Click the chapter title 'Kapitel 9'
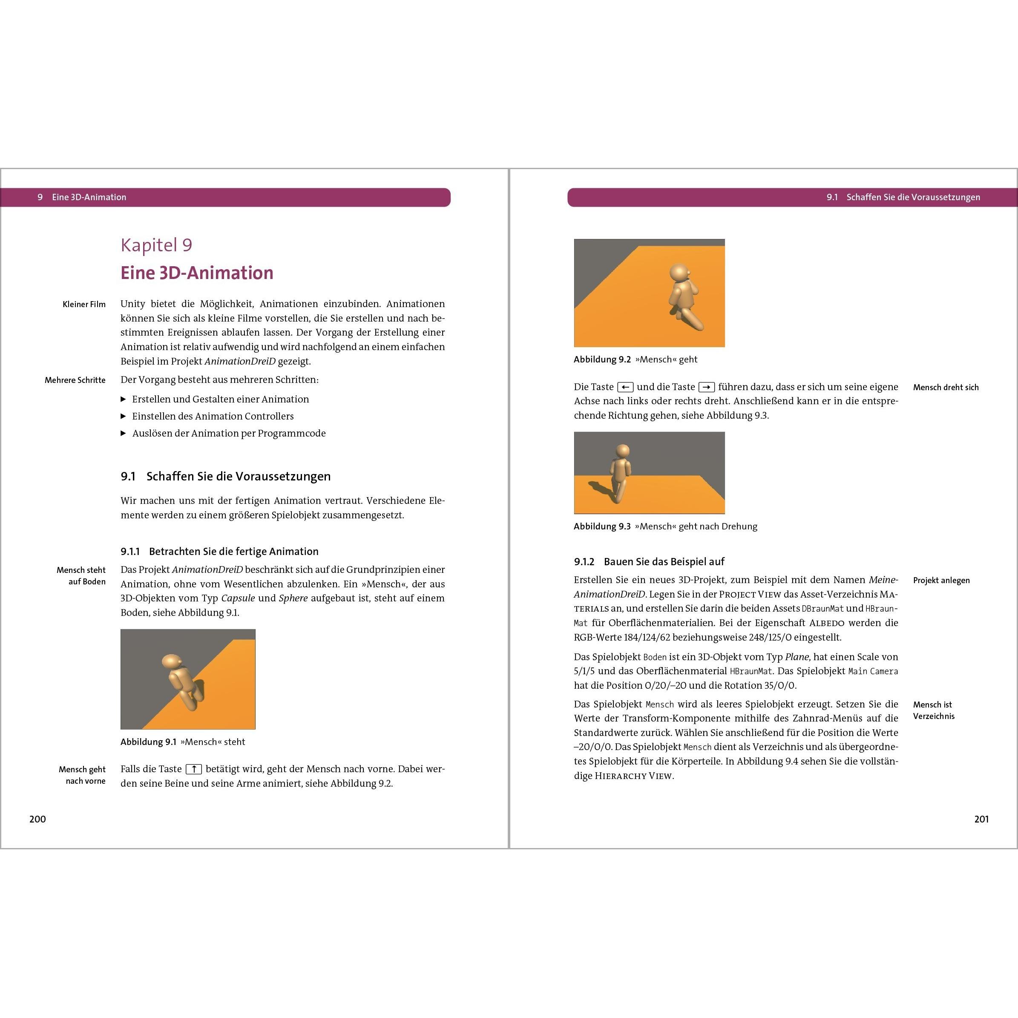(156, 245)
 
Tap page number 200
(37, 819)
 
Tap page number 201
(981, 819)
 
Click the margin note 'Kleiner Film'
(84, 305)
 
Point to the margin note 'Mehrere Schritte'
(75, 380)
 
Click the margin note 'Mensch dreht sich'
(946, 387)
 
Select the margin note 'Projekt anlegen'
(941, 581)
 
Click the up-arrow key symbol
(194, 769)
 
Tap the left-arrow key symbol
(625, 387)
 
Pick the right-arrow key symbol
(706, 387)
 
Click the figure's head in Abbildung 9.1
(172, 662)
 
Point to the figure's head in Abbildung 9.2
(680, 273)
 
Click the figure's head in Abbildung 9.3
(623, 451)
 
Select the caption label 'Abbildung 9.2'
(602, 359)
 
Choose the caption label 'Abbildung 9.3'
(602, 526)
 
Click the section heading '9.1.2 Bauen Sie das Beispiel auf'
(649, 562)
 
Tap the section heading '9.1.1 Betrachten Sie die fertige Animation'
(219, 552)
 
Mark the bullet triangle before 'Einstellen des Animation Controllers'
(123, 416)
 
